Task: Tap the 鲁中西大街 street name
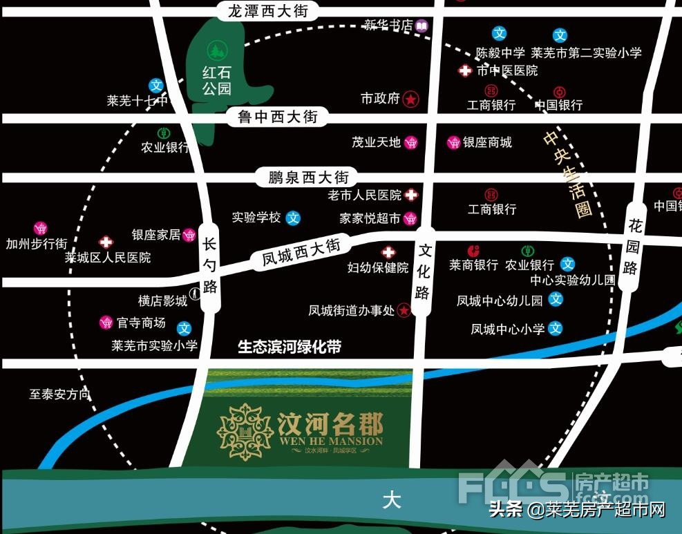[x=278, y=117]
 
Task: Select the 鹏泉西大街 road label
[x=303, y=177]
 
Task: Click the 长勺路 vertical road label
[x=210, y=265]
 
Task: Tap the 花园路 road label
[x=632, y=246]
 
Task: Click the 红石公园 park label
[x=216, y=80]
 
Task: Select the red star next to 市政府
[x=410, y=99]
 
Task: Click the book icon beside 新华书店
[x=421, y=26]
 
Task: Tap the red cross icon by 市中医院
[x=466, y=70]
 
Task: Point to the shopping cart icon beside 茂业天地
[x=411, y=143]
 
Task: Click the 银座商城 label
[x=487, y=142]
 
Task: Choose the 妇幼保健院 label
[x=377, y=268]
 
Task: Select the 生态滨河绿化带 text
[x=290, y=347]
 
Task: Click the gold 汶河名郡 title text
[x=330, y=423]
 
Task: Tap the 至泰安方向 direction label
[x=60, y=394]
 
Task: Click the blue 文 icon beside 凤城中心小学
[x=556, y=329]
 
